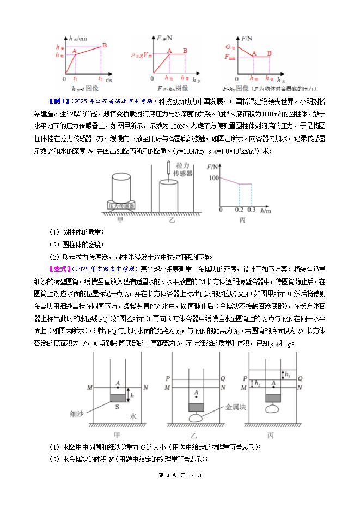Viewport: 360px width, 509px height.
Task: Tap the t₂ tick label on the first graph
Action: [x=100, y=79]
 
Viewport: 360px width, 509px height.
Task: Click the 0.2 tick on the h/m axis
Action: [x=239, y=210]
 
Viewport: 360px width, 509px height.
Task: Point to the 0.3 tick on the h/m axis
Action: [x=251, y=210]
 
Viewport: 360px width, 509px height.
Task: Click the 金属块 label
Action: [x=236, y=407]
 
